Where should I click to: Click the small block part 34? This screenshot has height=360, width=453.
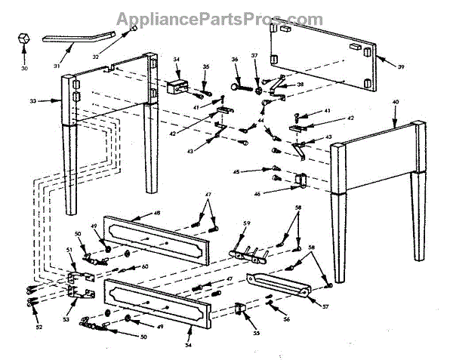coord(179,86)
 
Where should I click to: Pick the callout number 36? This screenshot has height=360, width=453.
coord(235,60)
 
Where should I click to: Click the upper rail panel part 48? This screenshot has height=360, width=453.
coord(156,238)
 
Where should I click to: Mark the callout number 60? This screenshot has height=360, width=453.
coord(144,266)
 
